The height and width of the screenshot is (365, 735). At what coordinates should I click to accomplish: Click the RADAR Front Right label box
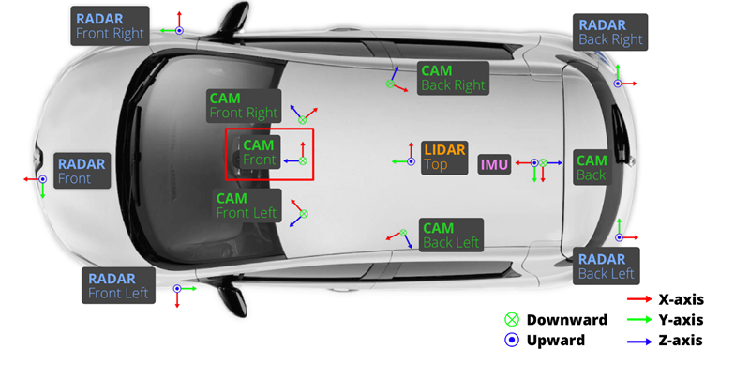pyautogui.click(x=111, y=26)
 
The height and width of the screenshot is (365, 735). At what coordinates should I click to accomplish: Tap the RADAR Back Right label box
pyautogui.click(x=610, y=32)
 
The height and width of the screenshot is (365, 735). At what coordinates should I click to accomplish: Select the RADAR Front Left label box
pyautogui.click(x=118, y=285)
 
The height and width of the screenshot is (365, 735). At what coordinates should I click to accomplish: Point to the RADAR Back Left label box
pyautogui.click(x=606, y=266)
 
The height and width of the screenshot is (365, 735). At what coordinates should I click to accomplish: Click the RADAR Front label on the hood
pyautogui.click(x=82, y=171)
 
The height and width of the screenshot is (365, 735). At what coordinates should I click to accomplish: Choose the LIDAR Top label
pyautogui.click(x=444, y=158)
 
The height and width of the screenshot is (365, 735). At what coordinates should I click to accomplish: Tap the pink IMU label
pyautogui.click(x=494, y=165)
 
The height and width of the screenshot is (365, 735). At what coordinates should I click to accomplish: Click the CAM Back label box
pyautogui.click(x=592, y=167)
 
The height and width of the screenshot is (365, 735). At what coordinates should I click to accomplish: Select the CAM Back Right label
pyautogui.click(x=454, y=78)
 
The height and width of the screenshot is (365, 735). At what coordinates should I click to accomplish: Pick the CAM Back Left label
pyautogui.click(x=451, y=235)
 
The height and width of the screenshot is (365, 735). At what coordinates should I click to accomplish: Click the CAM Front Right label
pyautogui.click(x=244, y=105)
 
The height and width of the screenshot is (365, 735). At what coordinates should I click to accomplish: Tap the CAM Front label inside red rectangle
pyautogui.click(x=260, y=152)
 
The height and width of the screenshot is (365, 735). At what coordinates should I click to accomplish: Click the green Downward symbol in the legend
pyautogui.click(x=512, y=320)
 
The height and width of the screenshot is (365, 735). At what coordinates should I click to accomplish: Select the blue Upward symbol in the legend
pyautogui.click(x=512, y=340)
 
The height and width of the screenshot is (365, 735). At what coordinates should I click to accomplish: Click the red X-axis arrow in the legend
pyautogui.click(x=639, y=298)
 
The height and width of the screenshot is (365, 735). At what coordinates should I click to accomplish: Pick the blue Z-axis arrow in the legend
pyautogui.click(x=639, y=342)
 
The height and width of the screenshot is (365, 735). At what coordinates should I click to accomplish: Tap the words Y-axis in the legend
pyautogui.click(x=681, y=320)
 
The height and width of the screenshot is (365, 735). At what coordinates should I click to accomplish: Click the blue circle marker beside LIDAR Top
pyautogui.click(x=411, y=161)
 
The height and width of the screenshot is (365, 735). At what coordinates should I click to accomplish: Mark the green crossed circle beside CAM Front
pyautogui.click(x=303, y=161)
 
